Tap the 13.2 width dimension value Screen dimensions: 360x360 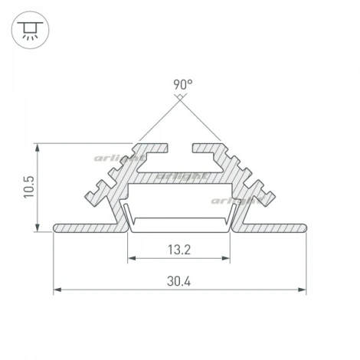(180, 248)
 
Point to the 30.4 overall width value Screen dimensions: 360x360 (180, 281)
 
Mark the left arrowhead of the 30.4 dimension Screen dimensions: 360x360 (57, 290)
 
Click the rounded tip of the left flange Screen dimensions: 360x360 (55, 227)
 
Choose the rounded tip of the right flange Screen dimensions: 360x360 (304, 227)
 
